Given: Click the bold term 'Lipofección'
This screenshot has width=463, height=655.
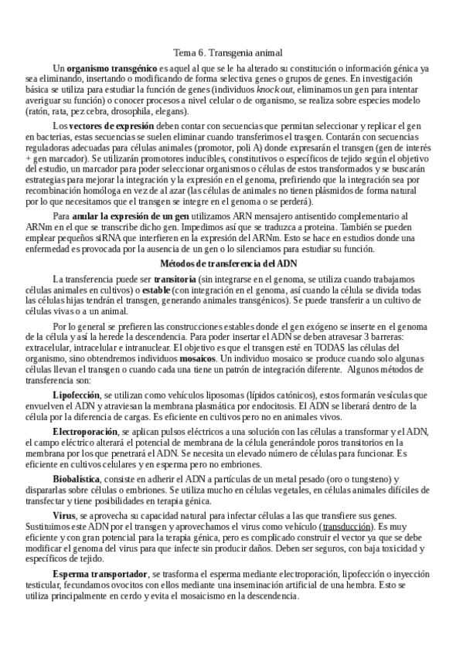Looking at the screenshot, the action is [x=77, y=395].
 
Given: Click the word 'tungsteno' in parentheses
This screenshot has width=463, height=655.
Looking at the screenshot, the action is [x=367, y=478].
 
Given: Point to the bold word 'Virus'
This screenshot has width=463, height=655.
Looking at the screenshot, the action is [x=63, y=514].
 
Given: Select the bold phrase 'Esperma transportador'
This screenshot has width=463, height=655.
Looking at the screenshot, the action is [x=100, y=574].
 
